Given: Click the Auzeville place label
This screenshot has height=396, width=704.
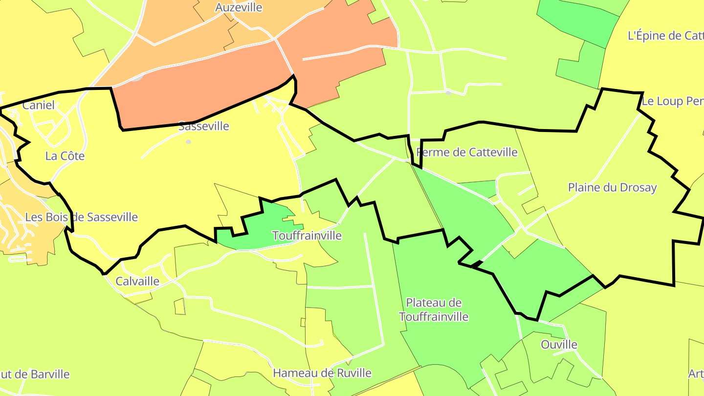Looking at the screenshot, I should click(x=239, y=8).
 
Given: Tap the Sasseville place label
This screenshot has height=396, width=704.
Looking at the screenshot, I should click(x=203, y=126).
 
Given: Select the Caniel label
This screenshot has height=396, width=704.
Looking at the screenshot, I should click(x=39, y=105).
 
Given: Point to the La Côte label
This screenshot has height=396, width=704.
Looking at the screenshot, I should click(x=65, y=156).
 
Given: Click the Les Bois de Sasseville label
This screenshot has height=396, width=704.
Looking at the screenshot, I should click(x=81, y=217).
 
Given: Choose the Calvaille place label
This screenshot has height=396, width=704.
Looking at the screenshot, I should click(x=137, y=281).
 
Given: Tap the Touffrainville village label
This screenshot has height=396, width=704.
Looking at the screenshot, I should click(x=307, y=236).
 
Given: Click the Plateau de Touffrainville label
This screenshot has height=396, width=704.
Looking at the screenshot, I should click(x=434, y=309).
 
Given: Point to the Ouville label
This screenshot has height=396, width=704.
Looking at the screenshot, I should click(x=559, y=345).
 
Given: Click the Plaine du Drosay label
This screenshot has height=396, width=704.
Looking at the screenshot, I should click(x=612, y=187).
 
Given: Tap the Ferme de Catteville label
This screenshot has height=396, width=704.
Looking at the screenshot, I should click(x=467, y=153).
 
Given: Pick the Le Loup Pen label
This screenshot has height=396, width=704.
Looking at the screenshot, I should click(x=672, y=102).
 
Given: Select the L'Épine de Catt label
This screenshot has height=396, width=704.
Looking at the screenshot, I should click(x=665, y=36).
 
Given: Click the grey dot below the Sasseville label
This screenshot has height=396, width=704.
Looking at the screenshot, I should click(x=189, y=142).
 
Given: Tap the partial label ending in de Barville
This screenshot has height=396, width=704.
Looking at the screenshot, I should click(x=34, y=374).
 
